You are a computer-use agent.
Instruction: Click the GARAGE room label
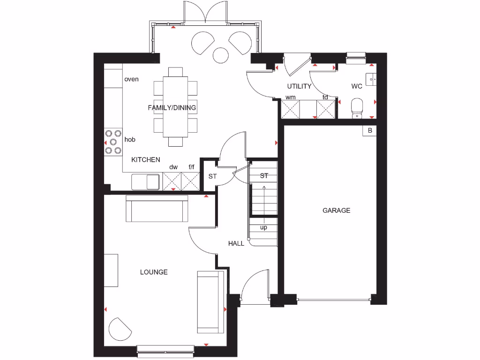coord(336,210)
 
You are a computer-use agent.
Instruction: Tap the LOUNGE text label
coord(154,272)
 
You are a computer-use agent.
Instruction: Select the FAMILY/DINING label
coord(172,108)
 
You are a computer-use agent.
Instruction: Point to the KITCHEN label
coord(145,160)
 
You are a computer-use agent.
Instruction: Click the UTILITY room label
coord(299,86)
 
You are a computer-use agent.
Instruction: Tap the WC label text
coord(357,86)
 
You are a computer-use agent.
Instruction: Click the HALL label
coord(236,243)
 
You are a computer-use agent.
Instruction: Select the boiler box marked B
coord(369,131)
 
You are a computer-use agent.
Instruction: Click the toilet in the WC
coord(357,107)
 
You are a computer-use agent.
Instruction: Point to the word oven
coord(131,79)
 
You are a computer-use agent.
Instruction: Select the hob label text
coord(130,139)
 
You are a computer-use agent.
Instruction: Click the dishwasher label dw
coord(173,166)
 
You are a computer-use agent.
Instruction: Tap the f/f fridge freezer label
coord(191,166)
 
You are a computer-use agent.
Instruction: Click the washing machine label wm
coord(290,97)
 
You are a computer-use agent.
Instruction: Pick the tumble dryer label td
coord(325,97)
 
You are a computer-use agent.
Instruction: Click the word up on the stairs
coord(263,227)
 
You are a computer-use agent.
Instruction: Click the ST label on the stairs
coord(264,176)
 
